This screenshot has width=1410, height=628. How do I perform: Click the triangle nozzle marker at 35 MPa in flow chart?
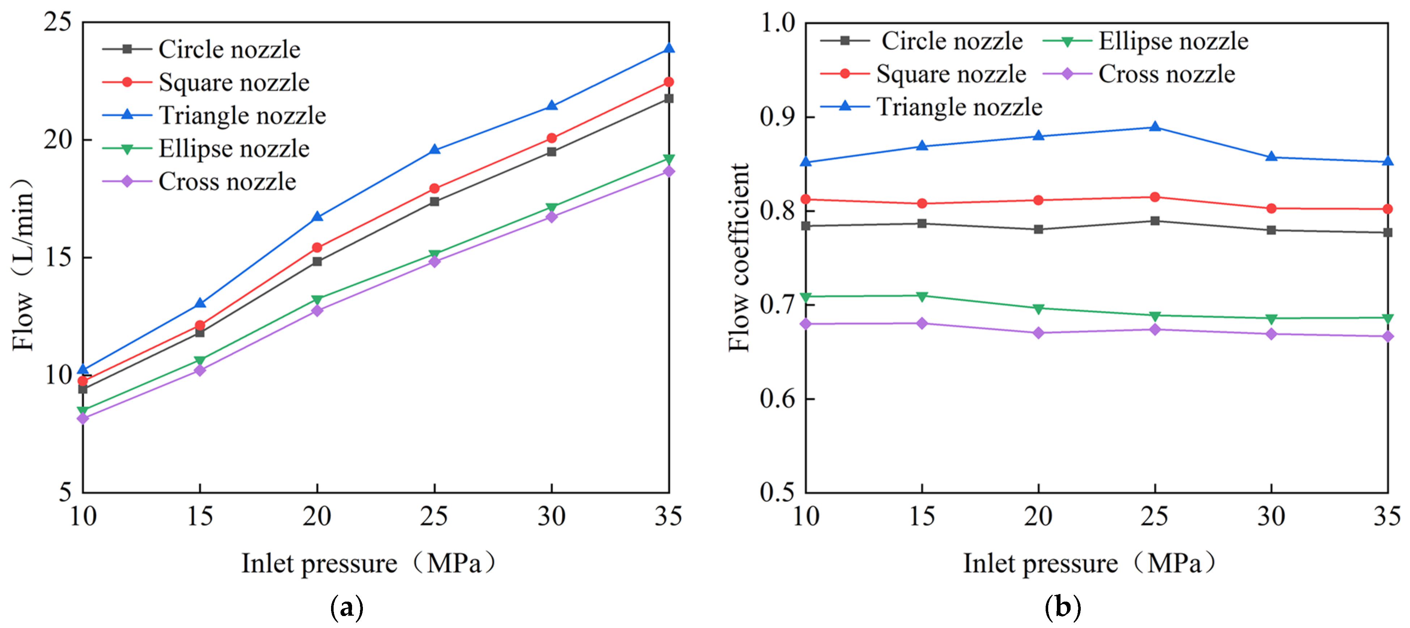click(x=668, y=49)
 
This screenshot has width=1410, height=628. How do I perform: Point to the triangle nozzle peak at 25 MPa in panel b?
click(x=1155, y=127)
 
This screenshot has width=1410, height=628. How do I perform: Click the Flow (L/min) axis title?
click(x=23, y=265)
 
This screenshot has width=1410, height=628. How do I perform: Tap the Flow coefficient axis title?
click(x=739, y=257)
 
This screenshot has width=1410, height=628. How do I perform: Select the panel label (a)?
click(x=347, y=607)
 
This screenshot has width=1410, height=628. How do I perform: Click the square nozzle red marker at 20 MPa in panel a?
click(x=317, y=248)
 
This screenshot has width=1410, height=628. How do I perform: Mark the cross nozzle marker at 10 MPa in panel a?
click(x=82, y=418)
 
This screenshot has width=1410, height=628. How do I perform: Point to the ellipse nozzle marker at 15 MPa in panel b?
click(x=922, y=296)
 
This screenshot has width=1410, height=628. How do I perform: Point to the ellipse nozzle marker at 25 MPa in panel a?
click(x=434, y=255)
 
